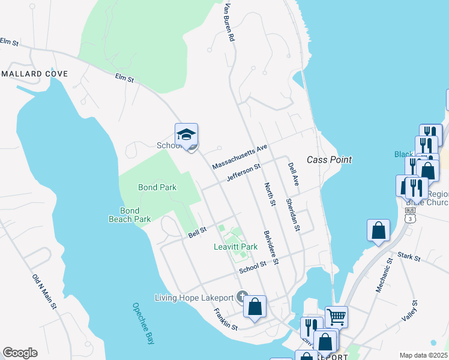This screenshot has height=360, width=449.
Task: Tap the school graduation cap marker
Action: click(x=186, y=136)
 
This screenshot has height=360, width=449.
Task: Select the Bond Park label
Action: click(x=157, y=187)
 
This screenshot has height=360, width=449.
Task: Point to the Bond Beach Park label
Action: click(x=129, y=215)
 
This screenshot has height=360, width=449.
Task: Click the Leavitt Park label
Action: click(x=235, y=247)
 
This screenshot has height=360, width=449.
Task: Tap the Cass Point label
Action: click(x=329, y=160)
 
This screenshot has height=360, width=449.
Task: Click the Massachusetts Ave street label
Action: click(x=239, y=157)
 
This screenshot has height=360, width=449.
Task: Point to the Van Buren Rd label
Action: click(x=228, y=22)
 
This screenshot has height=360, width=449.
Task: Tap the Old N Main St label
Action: click(x=45, y=293)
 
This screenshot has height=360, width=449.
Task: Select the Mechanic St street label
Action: click(x=384, y=275)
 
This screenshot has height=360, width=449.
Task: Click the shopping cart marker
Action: click(x=336, y=316)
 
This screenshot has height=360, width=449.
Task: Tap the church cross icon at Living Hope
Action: click(x=242, y=296)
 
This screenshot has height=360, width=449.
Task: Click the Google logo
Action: click(x=20, y=353)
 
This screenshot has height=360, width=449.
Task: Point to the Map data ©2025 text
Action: click(x=423, y=355)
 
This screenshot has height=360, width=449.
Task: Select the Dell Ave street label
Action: click(x=292, y=173)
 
